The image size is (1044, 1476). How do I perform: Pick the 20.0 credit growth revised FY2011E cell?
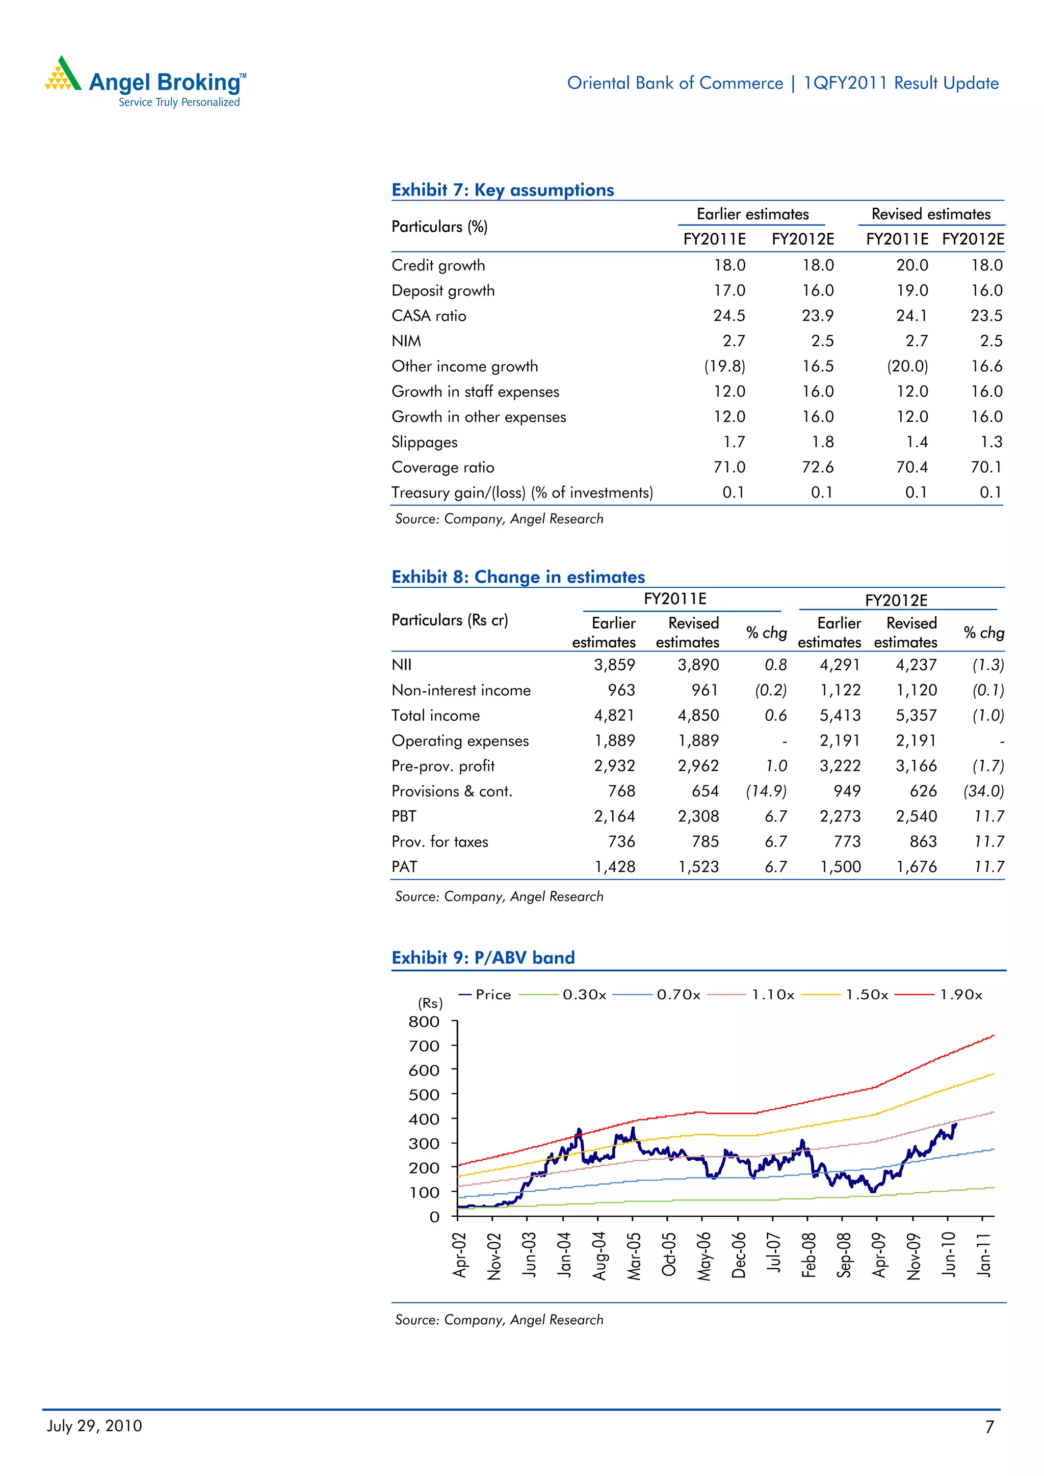click(911, 265)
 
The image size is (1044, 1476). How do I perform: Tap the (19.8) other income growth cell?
click(724, 366)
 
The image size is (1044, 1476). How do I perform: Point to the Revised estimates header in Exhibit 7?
click(930, 214)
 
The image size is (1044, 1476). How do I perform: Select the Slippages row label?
click(424, 442)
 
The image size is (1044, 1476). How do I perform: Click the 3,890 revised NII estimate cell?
click(698, 665)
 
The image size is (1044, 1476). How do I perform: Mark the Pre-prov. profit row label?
click(442, 766)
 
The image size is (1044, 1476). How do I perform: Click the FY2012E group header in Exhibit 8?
click(896, 600)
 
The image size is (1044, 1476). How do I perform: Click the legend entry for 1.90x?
click(960, 995)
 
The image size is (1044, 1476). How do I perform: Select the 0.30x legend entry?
click(584, 995)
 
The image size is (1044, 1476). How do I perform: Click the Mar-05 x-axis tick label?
click(634, 1255)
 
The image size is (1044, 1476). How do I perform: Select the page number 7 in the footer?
click(989, 1427)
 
